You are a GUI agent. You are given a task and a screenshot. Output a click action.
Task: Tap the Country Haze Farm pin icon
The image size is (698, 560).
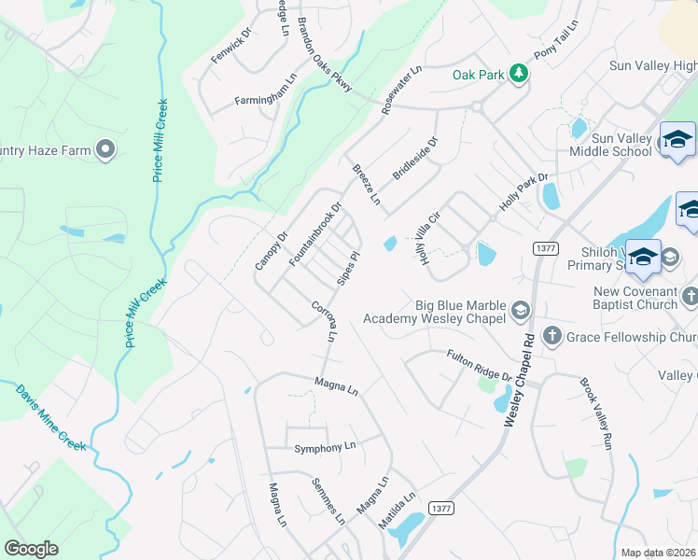pos(105,147)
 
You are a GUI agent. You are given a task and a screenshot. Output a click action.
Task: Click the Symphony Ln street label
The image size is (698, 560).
pos(325,448)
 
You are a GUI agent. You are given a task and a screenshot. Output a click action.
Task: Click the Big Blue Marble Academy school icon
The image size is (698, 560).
pos(521,311)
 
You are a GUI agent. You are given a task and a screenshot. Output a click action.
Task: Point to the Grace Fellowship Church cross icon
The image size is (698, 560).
pos(551,337)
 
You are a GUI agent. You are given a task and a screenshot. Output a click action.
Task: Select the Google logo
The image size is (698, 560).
pos(32,549)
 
